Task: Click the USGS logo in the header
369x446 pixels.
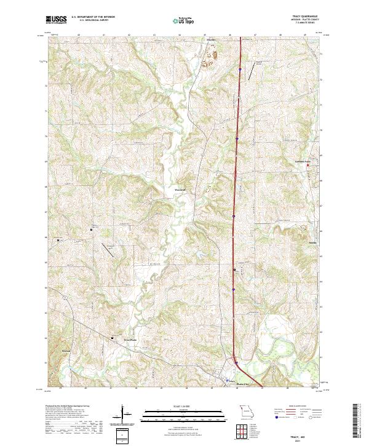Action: pyautogui.click(x=56, y=20)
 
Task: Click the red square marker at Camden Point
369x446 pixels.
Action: pyautogui.click(x=308, y=164)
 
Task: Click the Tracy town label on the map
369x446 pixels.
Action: pyautogui.click(x=231, y=382)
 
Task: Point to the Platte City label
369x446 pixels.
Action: pyautogui.click(x=244, y=385)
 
